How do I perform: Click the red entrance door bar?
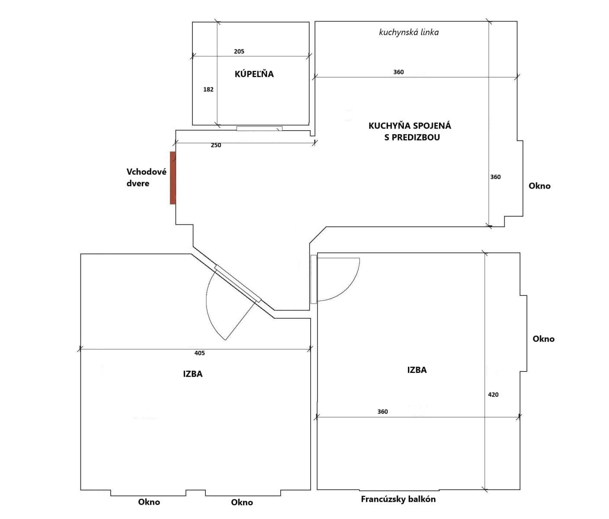click(x=173, y=178)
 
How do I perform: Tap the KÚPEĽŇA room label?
click(x=254, y=74)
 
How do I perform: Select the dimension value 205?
click(x=239, y=51)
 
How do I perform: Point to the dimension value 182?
click(x=208, y=90)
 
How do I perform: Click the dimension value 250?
click(x=216, y=145)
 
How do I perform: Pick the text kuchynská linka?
click(x=408, y=32)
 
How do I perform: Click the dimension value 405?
click(x=199, y=353)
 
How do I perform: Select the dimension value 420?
click(x=493, y=394)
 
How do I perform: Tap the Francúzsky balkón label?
click(x=398, y=500)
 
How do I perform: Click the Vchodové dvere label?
click(x=146, y=177)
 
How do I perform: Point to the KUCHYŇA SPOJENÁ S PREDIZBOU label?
click(x=410, y=131)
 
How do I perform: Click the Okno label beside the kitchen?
click(x=539, y=186)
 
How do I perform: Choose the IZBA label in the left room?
click(x=192, y=374)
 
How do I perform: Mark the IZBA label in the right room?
click(x=417, y=370)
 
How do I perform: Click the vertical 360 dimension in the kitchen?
click(x=495, y=177)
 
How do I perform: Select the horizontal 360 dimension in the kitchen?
click(x=398, y=72)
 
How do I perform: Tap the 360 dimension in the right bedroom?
click(x=382, y=412)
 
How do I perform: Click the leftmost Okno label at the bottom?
click(x=149, y=502)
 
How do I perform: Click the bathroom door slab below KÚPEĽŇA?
click(x=259, y=128)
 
